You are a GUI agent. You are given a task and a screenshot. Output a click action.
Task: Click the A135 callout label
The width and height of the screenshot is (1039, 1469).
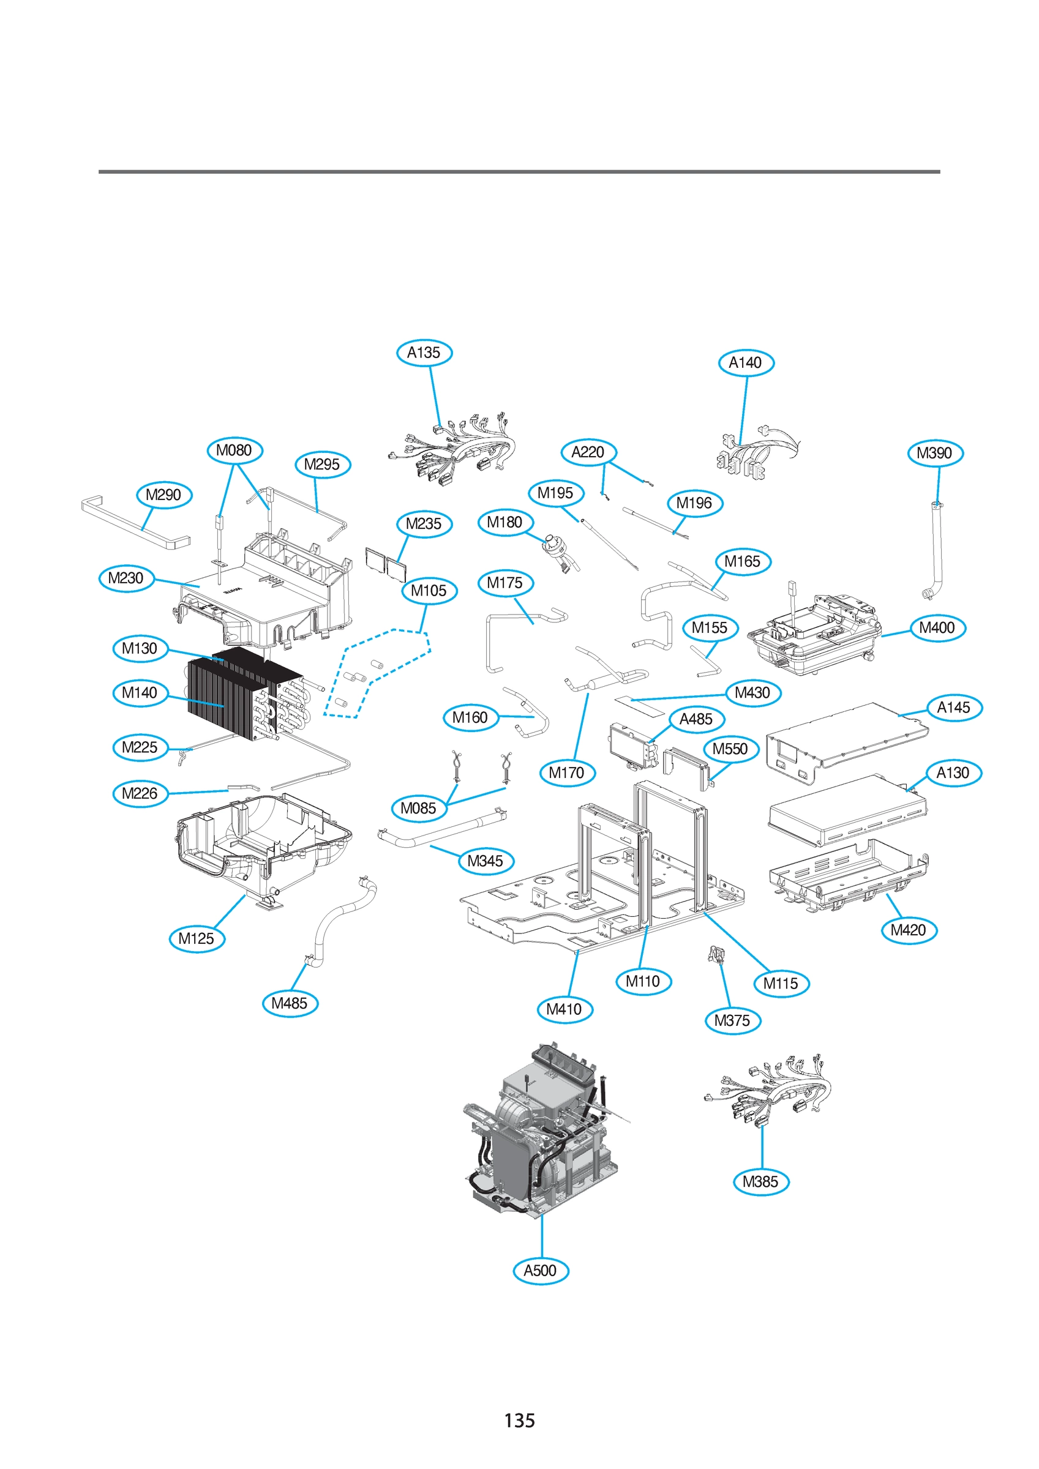424,353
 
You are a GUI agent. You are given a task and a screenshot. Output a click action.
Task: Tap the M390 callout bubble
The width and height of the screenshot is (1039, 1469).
935,454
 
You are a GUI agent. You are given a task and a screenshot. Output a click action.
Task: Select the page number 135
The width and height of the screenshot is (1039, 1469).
519,1421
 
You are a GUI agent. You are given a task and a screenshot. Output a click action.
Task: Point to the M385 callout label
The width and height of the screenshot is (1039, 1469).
760,1182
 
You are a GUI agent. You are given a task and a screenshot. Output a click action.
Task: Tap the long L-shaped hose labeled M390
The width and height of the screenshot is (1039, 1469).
937,550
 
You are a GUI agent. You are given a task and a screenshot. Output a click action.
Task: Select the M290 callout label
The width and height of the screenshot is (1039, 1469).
164,495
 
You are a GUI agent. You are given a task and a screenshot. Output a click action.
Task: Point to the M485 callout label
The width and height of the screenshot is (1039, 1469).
290,1003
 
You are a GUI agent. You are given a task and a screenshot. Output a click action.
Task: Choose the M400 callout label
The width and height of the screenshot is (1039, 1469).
937,627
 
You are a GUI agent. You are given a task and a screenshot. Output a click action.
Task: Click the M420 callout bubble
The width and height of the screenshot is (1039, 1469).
909,930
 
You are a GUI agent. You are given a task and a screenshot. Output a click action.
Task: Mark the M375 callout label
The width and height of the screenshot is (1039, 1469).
732,1020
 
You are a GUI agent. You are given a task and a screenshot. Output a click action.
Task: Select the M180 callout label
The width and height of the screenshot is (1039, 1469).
505,522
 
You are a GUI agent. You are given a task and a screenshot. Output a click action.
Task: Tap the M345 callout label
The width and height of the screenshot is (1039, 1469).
486,861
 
